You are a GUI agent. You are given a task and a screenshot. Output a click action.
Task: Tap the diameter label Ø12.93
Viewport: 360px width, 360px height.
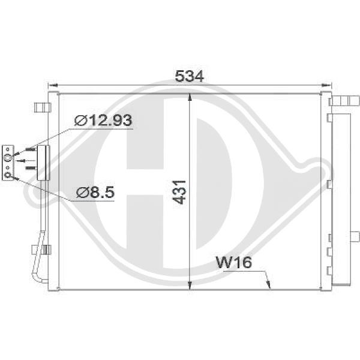pyautogui.click(x=103, y=120)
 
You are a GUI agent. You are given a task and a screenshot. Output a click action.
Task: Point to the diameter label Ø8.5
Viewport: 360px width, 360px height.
pyautogui.click(x=95, y=192)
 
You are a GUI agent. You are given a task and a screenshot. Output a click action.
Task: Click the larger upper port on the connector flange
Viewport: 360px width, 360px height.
pyautogui.click(x=8, y=158)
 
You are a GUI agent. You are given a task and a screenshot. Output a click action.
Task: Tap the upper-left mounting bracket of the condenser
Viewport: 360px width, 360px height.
pyautogui.click(x=41, y=107)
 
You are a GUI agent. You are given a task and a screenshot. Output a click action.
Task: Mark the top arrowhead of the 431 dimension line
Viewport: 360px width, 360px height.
pyautogui.click(x=190, y=97)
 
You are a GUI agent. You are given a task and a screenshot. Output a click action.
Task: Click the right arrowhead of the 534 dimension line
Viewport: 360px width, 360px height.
pyautogui.click(x=327, y=85)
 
